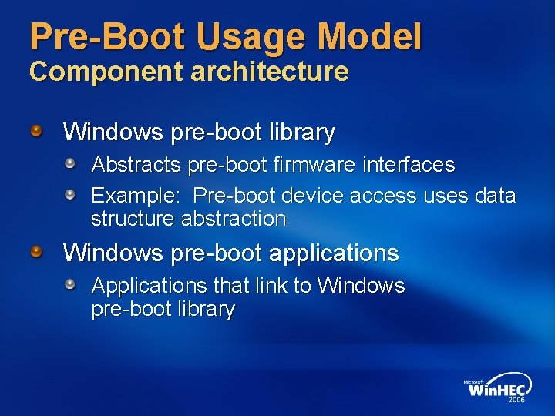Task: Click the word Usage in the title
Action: pyautogui.click(x=246, y=38)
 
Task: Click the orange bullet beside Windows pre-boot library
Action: pyautogui.click(x=36, y=130)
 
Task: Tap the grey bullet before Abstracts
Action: pyautogui.click(x=70, y=163)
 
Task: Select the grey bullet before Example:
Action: pyautogui.click(x=70, y=194)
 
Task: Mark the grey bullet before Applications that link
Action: pyautogui.click(x=70, y=284)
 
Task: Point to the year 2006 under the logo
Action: pyautogui.click(x=516, y=401)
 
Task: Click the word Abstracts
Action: pyautogui.click(x=135, y=165)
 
